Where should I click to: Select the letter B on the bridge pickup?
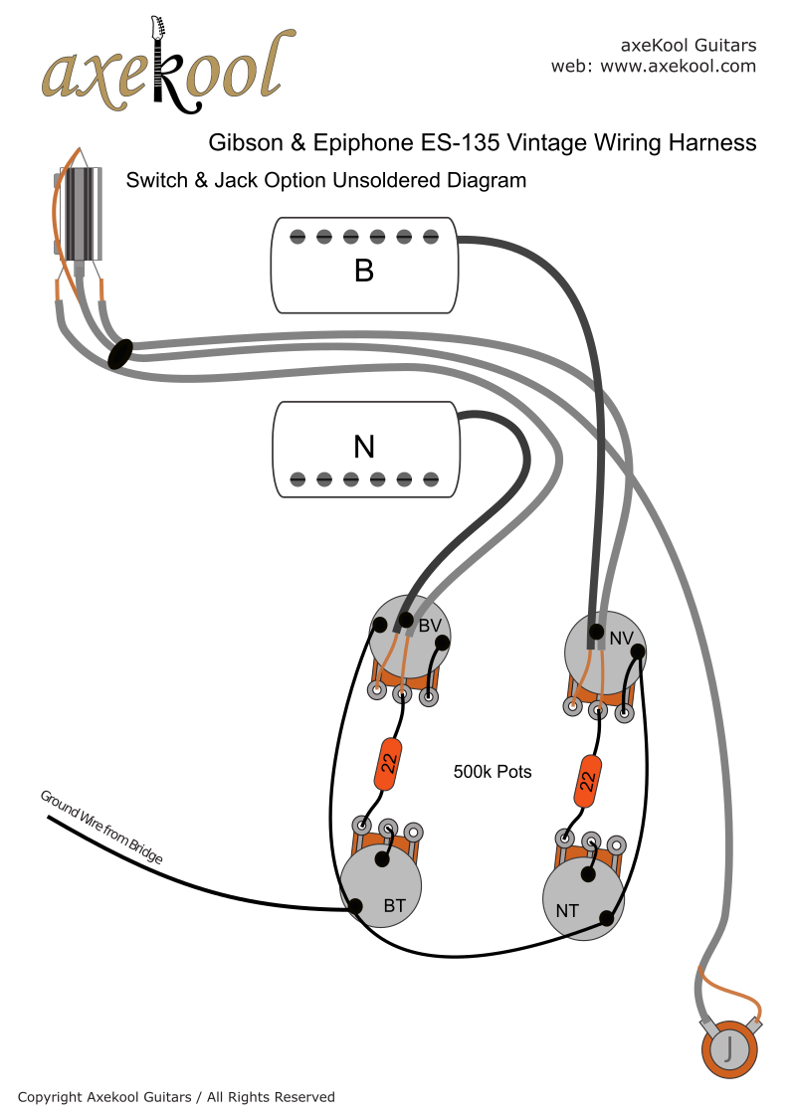click(364, 270)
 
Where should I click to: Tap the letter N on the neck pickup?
click(364, 448)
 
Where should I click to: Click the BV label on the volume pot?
click(430, 626)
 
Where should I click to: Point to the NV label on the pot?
click(621, 639)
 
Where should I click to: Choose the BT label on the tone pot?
click(394, 906)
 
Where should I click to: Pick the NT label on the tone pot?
click(567, 910)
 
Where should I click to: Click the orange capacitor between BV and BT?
click(388, 762)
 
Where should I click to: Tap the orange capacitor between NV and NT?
click(588, 780)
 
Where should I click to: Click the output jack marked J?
click(729, 1047)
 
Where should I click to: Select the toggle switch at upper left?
click(79, 213)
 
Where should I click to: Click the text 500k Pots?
click(493, 772)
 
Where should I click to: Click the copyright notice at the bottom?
click(176, 1097)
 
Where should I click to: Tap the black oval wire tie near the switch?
click(119, 353)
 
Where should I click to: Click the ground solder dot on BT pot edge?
click(355, 905)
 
